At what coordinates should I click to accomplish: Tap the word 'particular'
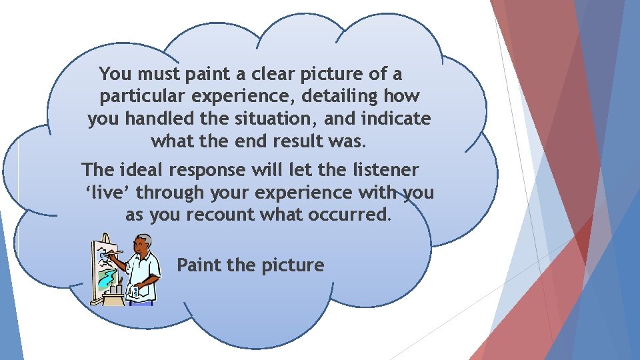(x=139, y=97)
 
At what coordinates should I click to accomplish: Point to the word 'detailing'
(x=340, y=97)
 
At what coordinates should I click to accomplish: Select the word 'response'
(x=207, y=170)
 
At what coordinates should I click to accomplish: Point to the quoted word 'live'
(x=111, y=193)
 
